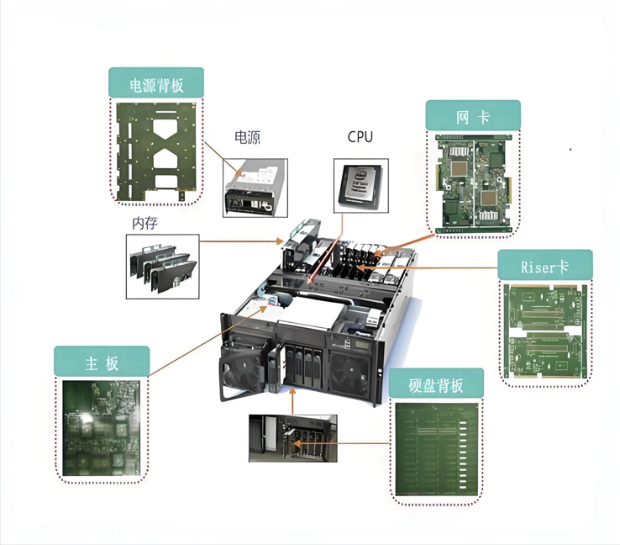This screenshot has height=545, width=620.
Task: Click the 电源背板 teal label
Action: (156, 82)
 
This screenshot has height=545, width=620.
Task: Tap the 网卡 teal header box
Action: (473, 115)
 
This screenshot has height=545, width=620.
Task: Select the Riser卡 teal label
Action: (545, 264)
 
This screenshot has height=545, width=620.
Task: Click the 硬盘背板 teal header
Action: (436, 384)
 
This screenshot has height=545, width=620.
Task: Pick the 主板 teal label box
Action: (102, 361)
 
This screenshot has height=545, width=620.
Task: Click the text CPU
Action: (360, 137)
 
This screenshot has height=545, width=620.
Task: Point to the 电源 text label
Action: (248, 137)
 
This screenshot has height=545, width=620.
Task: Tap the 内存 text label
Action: (144, 223)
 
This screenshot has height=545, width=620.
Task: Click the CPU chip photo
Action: (361, 186)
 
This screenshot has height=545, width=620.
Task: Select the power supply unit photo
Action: (255, 188)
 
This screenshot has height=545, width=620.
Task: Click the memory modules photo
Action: (162, 267)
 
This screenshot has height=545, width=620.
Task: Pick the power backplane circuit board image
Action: (156, 152)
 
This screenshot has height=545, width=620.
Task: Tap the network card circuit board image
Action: (474, 183)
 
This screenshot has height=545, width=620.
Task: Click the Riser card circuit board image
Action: (545, 331)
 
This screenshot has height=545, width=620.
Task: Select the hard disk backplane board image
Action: (437, 449)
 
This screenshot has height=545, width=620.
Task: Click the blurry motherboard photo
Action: (101, 428)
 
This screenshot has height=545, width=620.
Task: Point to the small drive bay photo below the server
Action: (293, 438)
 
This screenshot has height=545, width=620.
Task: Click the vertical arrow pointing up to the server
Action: (292, 401)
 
